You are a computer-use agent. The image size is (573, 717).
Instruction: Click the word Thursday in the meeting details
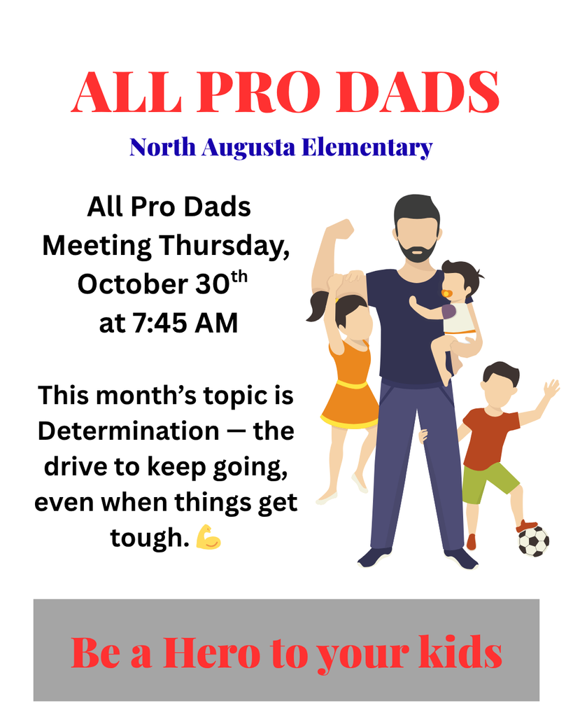223,246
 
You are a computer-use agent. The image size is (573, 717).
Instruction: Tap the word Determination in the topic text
128,431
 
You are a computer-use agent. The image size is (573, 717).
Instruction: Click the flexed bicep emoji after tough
208,537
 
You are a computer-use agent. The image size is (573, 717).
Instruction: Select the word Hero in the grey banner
210,653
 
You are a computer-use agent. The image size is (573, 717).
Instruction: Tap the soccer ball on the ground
533,541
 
